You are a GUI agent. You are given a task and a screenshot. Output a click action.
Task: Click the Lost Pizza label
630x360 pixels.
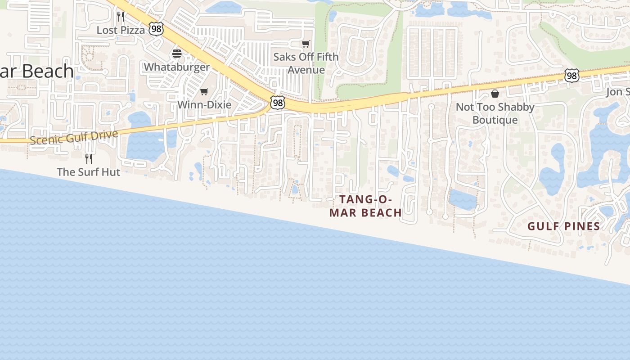coord(121,30)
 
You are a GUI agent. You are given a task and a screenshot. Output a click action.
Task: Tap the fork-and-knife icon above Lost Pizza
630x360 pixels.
coord(120,17)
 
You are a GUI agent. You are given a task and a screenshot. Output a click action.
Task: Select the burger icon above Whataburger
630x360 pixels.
coord(177,54)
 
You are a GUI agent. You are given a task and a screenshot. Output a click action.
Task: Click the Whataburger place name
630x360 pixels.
coord(176,67)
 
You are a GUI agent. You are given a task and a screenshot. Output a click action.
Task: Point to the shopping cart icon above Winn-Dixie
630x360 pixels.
coord(204,92)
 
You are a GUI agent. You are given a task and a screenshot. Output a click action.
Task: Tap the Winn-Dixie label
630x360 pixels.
coord(204,105)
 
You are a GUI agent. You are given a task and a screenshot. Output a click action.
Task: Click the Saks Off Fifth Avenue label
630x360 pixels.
coord(306,63)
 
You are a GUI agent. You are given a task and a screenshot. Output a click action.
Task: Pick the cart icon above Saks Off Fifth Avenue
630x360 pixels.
coord(306,44)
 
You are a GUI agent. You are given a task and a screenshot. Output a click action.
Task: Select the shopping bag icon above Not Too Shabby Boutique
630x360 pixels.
coord(495,94)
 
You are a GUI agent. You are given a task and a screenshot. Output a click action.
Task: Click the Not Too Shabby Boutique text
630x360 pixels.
coord(495,113)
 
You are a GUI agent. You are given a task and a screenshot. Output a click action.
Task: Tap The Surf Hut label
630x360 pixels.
coord(89,172)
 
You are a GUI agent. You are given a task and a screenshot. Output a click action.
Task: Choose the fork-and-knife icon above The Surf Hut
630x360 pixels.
coord(89,158)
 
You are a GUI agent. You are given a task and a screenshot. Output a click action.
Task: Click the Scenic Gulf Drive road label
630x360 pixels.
coord(74,137)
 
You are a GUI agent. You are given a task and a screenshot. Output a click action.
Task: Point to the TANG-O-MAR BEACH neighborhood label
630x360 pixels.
coord(365,206)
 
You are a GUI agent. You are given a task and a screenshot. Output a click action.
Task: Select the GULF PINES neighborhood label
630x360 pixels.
coord(563,226)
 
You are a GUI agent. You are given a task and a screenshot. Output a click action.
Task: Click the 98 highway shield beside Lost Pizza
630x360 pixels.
coord(157,29)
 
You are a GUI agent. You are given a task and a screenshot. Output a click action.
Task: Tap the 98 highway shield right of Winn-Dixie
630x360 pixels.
coord(278,103)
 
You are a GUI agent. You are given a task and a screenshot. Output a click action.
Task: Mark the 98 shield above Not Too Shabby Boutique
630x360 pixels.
coord(571,76)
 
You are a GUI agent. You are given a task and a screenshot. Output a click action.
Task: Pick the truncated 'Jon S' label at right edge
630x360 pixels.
coord(617,92)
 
